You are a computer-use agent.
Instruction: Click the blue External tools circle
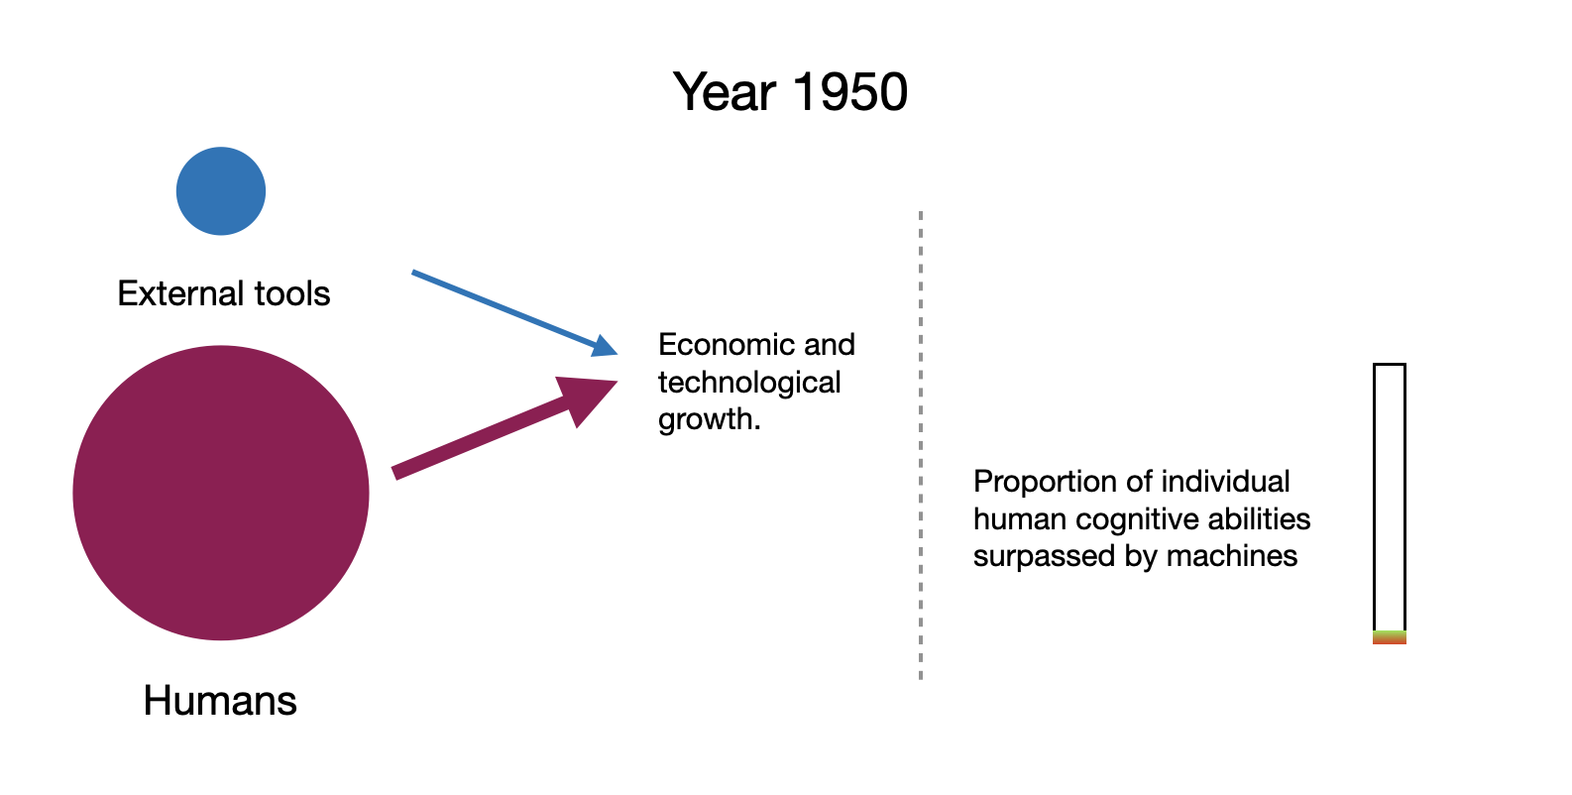(220, 191)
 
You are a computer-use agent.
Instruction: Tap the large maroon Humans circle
(220, 493)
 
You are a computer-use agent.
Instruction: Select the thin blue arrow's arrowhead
(604, 347)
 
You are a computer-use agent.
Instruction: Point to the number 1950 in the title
(849, 92)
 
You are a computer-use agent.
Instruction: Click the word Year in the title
(725, 92)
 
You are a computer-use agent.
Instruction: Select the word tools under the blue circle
(292, 293)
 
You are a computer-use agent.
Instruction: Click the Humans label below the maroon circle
(220, 700)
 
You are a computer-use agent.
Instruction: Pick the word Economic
(725, 345)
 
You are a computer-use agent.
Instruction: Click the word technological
(748, 383)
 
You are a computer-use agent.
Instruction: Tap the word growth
(710, 419)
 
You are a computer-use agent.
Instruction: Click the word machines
(1232, 556)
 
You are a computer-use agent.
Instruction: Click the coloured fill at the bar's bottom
(1389, 637)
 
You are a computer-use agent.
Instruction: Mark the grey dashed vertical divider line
(920, 445)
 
